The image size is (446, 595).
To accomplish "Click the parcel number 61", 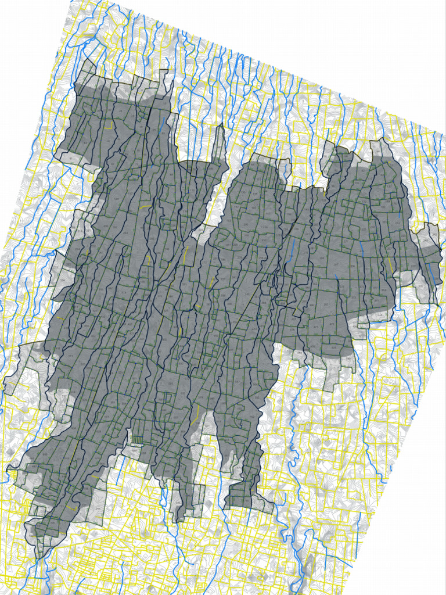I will pos(70,158).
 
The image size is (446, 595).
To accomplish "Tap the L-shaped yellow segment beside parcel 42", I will pos(110,125).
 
